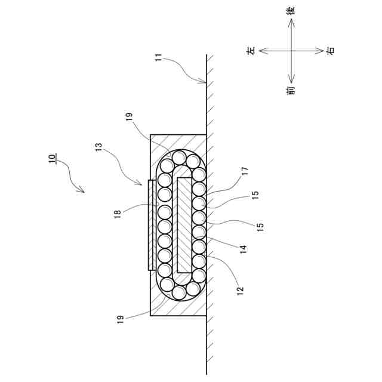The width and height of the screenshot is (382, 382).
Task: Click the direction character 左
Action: point(251,51)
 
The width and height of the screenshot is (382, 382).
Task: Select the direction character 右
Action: point(331,51)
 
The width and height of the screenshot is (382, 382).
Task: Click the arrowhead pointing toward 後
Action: point(291,21)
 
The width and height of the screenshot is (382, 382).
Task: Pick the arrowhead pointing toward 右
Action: point(321,51)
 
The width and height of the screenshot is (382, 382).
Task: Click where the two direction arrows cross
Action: point(291,51)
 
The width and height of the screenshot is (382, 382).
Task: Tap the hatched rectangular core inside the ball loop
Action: point(184,225)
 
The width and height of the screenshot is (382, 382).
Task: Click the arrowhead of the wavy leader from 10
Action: point(83,192)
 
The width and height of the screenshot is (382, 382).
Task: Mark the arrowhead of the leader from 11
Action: point(205,82)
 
